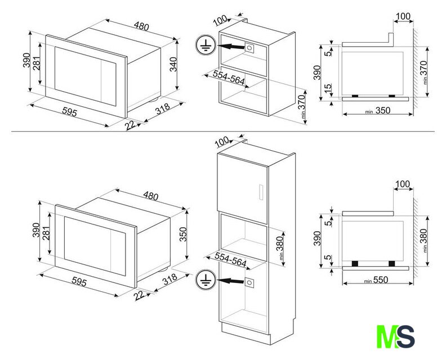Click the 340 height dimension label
(x=173, y=65)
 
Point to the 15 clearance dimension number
(x=328, y=88)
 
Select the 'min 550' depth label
(x=376, y=280)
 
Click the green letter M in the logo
(x=387, y=337)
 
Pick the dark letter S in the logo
(x=405, y=337)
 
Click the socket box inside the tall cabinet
(x=249, y=282)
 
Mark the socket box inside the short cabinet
(x=249, y=48)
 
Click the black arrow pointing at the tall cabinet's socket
(x=230, y=281)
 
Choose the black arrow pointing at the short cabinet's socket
(x=231, y=46)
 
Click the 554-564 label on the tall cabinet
(x=230, y=259)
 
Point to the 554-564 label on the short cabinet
(x=229, y=78)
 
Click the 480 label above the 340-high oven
(x=141, y=26)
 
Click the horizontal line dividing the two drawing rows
(x=223, y=132)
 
